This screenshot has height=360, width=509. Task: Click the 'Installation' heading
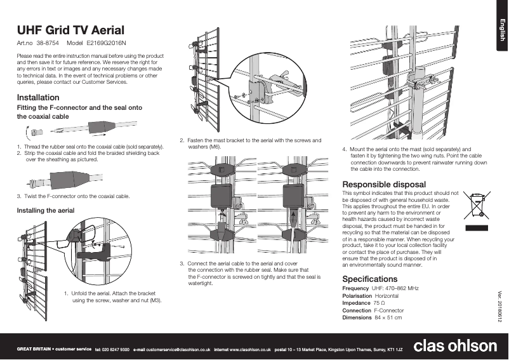38,98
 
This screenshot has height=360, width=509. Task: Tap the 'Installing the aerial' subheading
46,210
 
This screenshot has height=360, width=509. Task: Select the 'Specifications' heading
370,279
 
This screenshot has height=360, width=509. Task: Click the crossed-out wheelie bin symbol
476,204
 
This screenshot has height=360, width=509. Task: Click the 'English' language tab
501,30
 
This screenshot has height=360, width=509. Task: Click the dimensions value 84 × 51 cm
388,317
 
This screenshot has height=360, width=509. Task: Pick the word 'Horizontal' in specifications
387,296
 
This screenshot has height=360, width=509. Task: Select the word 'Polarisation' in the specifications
357,296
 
